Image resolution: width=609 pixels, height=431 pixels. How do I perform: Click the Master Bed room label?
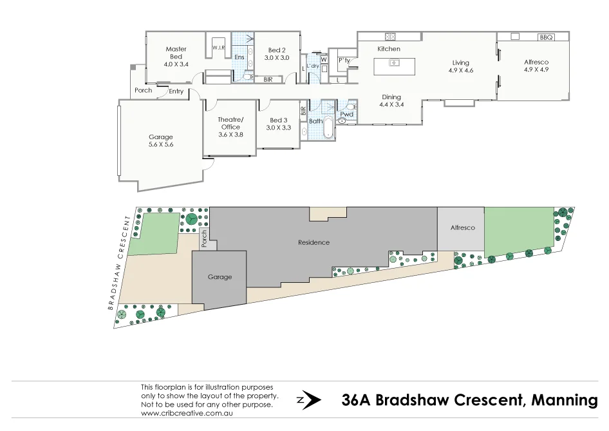point(176,53)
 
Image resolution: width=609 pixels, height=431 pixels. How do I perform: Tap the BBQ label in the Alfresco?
point(547,37)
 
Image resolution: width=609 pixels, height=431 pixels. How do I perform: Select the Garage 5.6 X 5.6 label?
point(161,141)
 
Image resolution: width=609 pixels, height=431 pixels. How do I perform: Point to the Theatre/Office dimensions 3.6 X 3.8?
point(230,135)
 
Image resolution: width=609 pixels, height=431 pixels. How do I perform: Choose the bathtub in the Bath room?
point(328,129)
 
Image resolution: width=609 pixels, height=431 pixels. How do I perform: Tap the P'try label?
point(343,61)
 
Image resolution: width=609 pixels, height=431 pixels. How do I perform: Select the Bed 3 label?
point(278,120)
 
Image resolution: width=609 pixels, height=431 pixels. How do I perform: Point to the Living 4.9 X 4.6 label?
point(461,67)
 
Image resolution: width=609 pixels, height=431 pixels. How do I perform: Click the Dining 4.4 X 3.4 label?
point(391,101)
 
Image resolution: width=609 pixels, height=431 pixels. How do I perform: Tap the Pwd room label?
point(347,114)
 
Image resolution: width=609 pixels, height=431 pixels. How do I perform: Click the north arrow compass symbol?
point(309,400)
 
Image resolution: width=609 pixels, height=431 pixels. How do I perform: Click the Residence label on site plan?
point(314,243)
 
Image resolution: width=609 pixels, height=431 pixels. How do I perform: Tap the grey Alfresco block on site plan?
point(462,228)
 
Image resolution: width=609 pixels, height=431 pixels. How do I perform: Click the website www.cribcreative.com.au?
point(186,413)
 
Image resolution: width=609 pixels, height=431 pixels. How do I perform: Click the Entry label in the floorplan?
point(176,91)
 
